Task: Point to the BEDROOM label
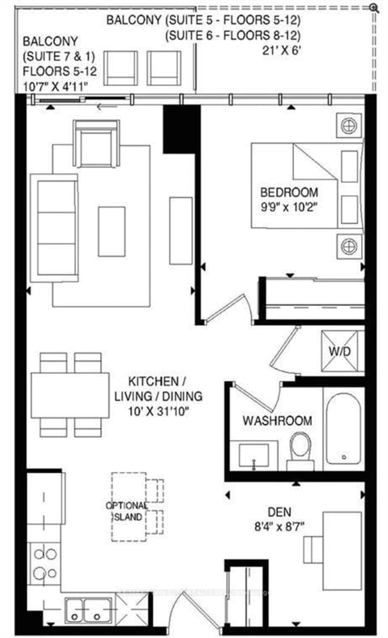tap(289, 193)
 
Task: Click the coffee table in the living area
tap(112, 231)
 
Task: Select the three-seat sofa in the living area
tap(54, 228)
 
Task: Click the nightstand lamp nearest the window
tap(349, 126)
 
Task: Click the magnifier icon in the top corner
tap(374, 8)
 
